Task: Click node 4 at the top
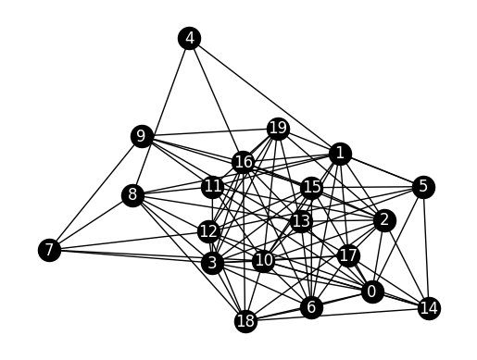[x=190, y=38]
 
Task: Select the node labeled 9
[x=142, y=137]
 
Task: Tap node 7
[x=50, y=250]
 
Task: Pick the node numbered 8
[x=133, y=195]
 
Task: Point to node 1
[x=340, y=153]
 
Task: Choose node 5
[x=423, y=187]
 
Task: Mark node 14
[x=429, y=307]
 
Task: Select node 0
[x=372, y=292]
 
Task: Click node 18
[x=245, y=321]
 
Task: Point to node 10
[x=264, y=260]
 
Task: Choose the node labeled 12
[x=208, y=229]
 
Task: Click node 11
[x=213, y=187]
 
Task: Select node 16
[x=244, y=163]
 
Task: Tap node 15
[x=312, y=189]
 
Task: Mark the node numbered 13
[x=301, y=221]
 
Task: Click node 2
[x=383, y=220]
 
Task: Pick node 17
[x=348, y=255]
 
